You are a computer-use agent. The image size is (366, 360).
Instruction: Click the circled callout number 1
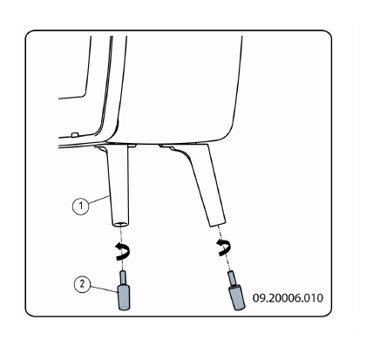tap(80, 206)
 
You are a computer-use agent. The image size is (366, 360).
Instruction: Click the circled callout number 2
tap(83, 283)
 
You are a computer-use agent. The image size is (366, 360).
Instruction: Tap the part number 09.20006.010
tap(288, 298)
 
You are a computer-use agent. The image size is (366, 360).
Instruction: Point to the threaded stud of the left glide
tap(123, 278)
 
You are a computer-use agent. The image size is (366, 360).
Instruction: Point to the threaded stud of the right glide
tap(232, 278)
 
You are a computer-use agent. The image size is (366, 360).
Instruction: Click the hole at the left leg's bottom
tap(120, 224)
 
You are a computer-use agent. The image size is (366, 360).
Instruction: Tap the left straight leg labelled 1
tap(118, 186)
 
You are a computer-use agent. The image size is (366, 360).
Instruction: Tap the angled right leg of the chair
tap(203, 186)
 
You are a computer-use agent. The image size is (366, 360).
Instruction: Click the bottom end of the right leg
tap(217, 223)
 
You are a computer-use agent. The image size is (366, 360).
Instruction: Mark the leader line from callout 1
tap(98, 200)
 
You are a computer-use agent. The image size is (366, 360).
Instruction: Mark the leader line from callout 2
tap(104, 289)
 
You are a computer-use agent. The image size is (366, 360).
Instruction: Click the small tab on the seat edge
tap(75, 134)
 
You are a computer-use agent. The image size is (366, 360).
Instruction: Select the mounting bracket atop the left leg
tap(116, 146)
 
